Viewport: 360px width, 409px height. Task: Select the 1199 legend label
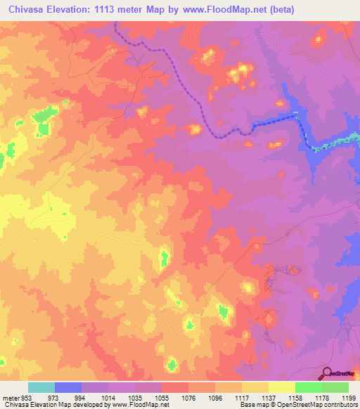(349, 397)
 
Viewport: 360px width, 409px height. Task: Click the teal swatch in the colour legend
(41, 387)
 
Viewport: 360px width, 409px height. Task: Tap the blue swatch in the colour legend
(68, 387)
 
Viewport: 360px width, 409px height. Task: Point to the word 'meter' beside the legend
(10, 397)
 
